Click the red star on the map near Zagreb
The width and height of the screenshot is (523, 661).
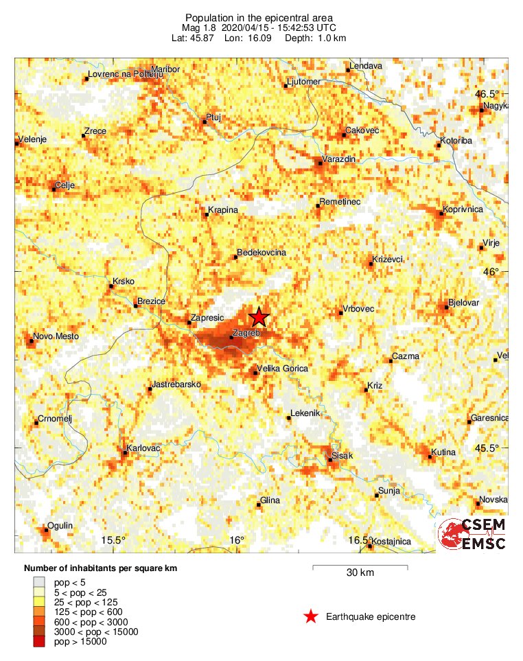click(259, 316)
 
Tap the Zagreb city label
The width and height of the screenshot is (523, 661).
click(246, 333)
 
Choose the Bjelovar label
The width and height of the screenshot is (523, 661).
click(463, 303)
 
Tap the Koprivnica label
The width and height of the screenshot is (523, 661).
click(465, 209)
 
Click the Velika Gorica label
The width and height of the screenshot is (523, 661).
click(281, 369)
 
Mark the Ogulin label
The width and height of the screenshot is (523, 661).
click(60, 526)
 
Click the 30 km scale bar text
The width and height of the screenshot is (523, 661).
click(360, 572)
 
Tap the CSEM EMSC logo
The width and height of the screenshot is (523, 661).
click(473, 535)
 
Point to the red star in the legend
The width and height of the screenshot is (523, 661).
click(311, 617)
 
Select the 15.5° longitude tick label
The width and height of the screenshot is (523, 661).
click(114, 540)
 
